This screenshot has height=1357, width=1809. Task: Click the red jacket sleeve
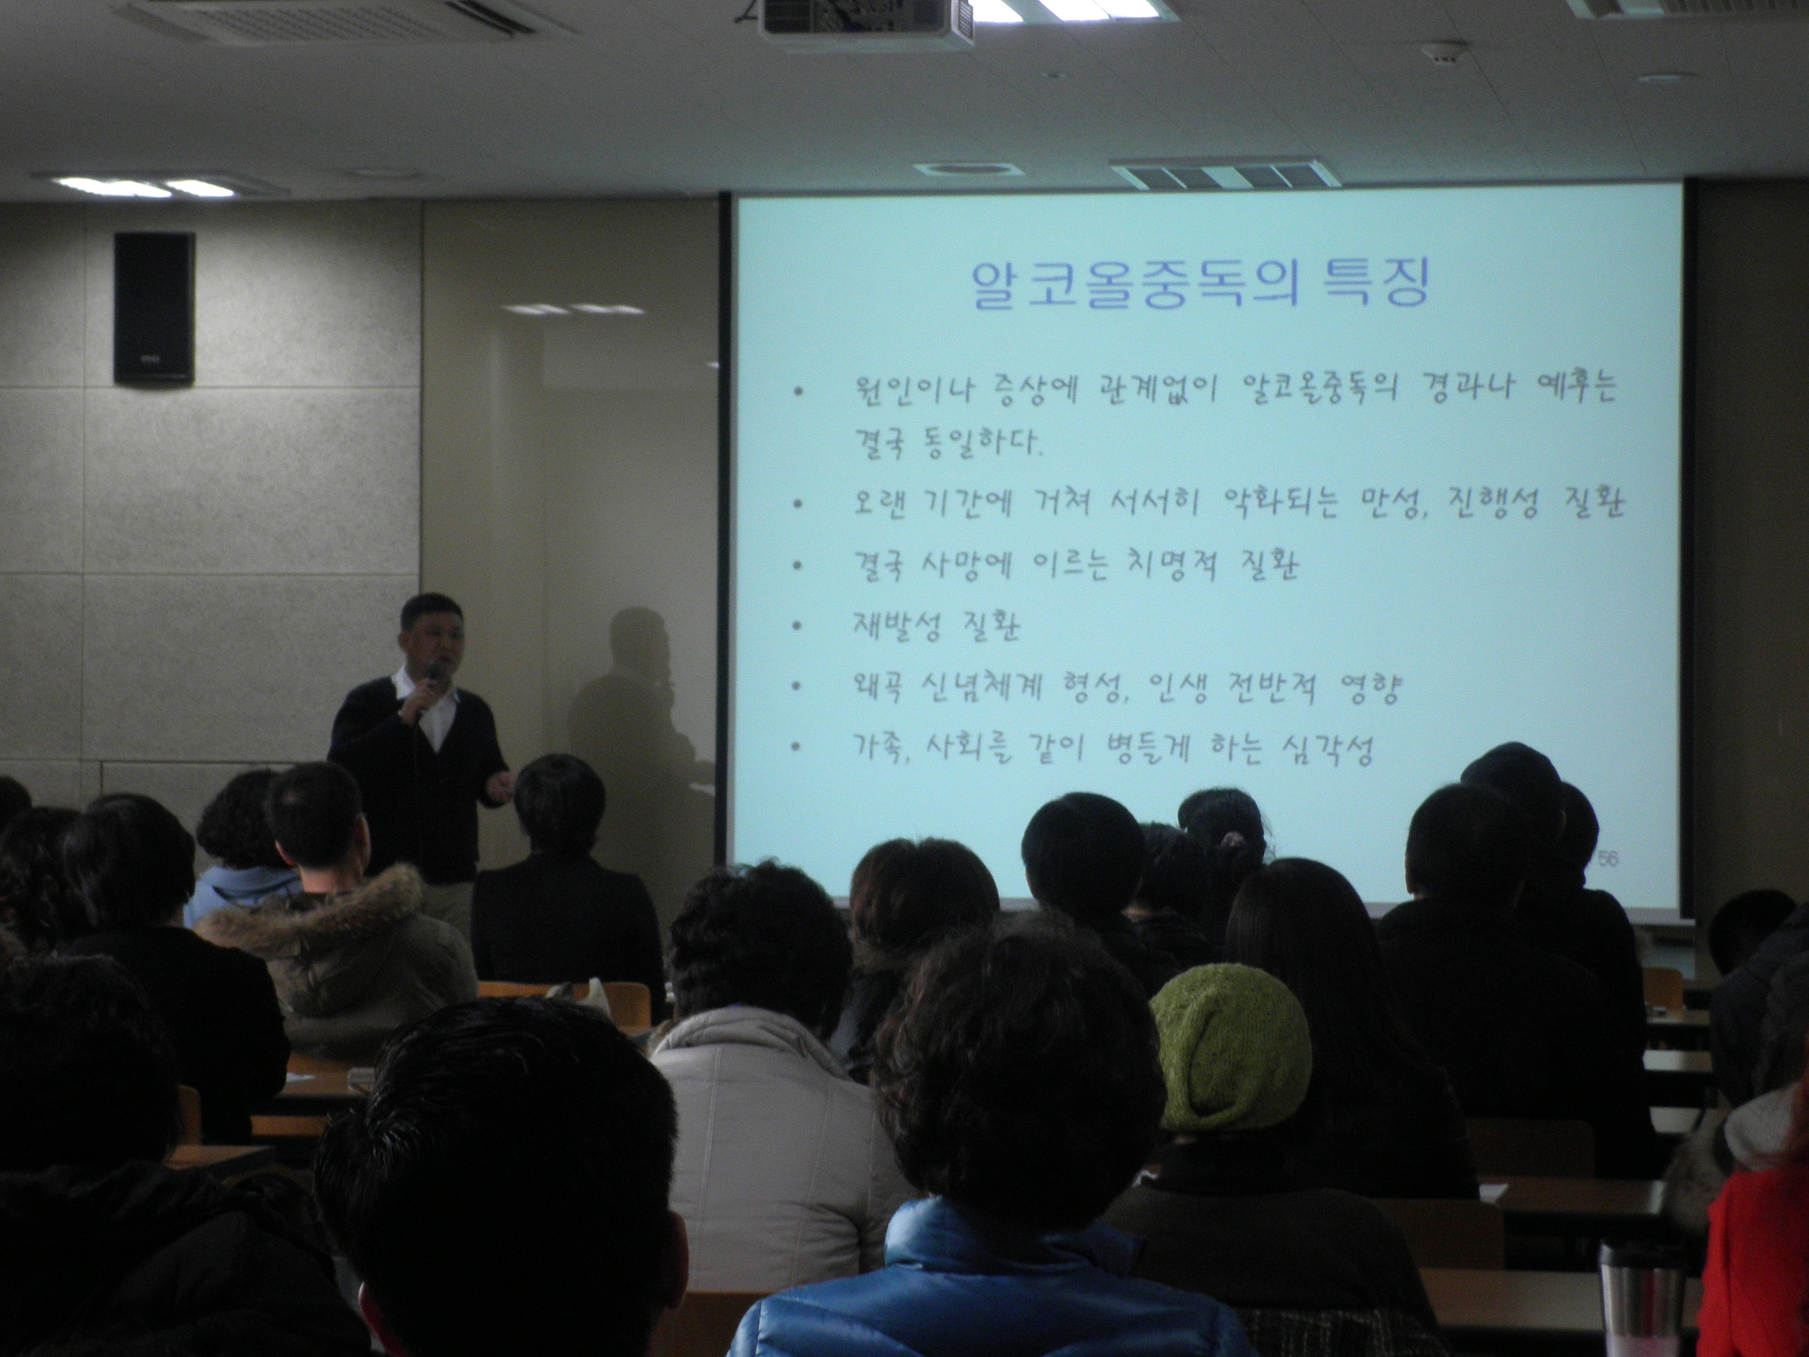point(1759,1259)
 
